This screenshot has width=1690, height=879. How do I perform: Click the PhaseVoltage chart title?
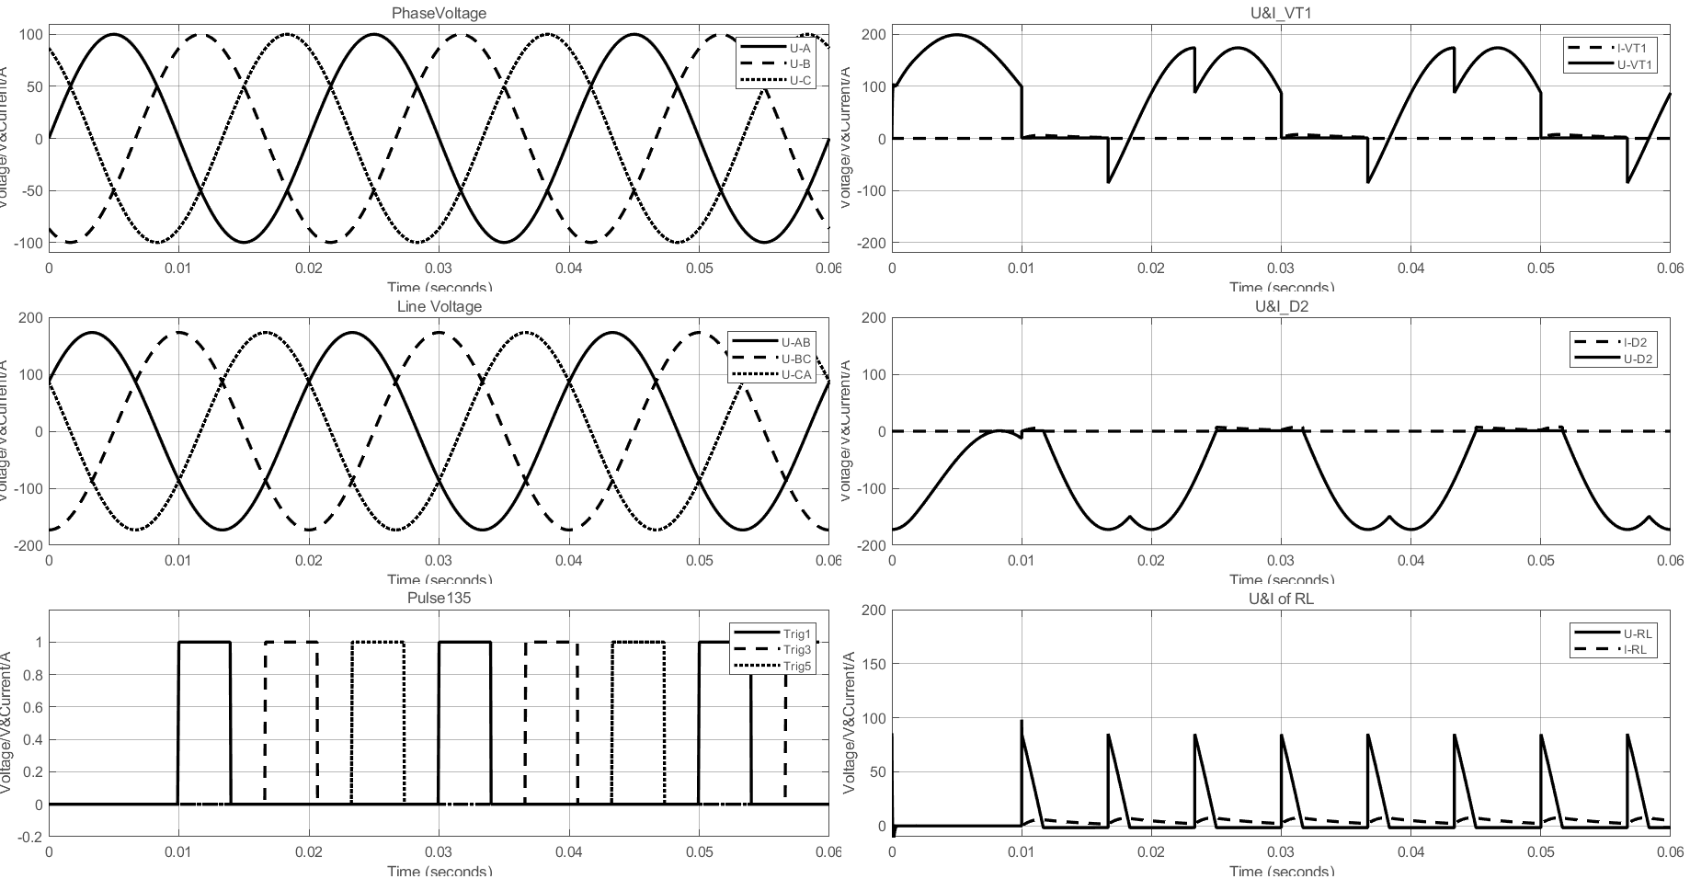click(439, 14)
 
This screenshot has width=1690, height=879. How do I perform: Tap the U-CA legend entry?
click(796, 374)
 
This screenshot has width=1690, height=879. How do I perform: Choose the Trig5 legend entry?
click(797, 666)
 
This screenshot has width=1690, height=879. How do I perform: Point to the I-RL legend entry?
click(1635, 649)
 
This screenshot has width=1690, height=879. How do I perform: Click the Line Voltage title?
click(439, 306)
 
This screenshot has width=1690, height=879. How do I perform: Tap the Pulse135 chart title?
click(439, 599)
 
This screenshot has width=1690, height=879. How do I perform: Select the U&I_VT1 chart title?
click(1281, 14)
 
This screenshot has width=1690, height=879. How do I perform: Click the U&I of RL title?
click(1281, 599)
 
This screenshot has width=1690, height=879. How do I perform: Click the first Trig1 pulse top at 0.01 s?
click(204, 642)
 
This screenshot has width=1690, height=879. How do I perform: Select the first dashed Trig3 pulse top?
click(291, 642)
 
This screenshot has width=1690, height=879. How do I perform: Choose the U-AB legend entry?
click(796, 343)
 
